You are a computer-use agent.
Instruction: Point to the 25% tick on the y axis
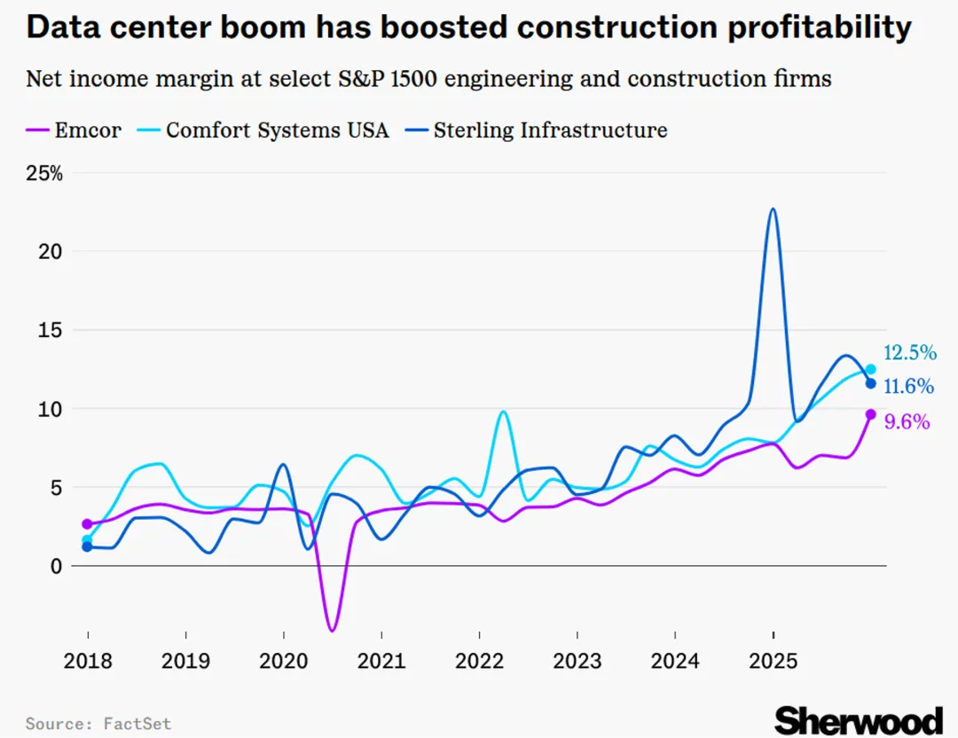tap(44, 173)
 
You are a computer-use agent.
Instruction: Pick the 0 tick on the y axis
tap(57, 566)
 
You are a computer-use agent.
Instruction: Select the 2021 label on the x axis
tap(381, 662)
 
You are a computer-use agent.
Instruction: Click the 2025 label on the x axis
tap(773, 662)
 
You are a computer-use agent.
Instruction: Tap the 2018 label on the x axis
tap(88, 662)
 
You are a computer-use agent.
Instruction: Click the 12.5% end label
tap(909, 353)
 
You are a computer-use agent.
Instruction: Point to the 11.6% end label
tap(909, 387)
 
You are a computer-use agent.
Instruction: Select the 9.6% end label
tap(907, 422)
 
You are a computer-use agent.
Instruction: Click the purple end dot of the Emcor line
tap(871, 414)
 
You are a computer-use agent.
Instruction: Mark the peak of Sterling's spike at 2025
tap(773, 209)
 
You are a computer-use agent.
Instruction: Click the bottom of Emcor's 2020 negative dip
tap(332, 630)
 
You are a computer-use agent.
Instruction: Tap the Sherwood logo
tap(858, 719)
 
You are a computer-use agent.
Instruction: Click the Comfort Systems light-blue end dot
tap(871, 369)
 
